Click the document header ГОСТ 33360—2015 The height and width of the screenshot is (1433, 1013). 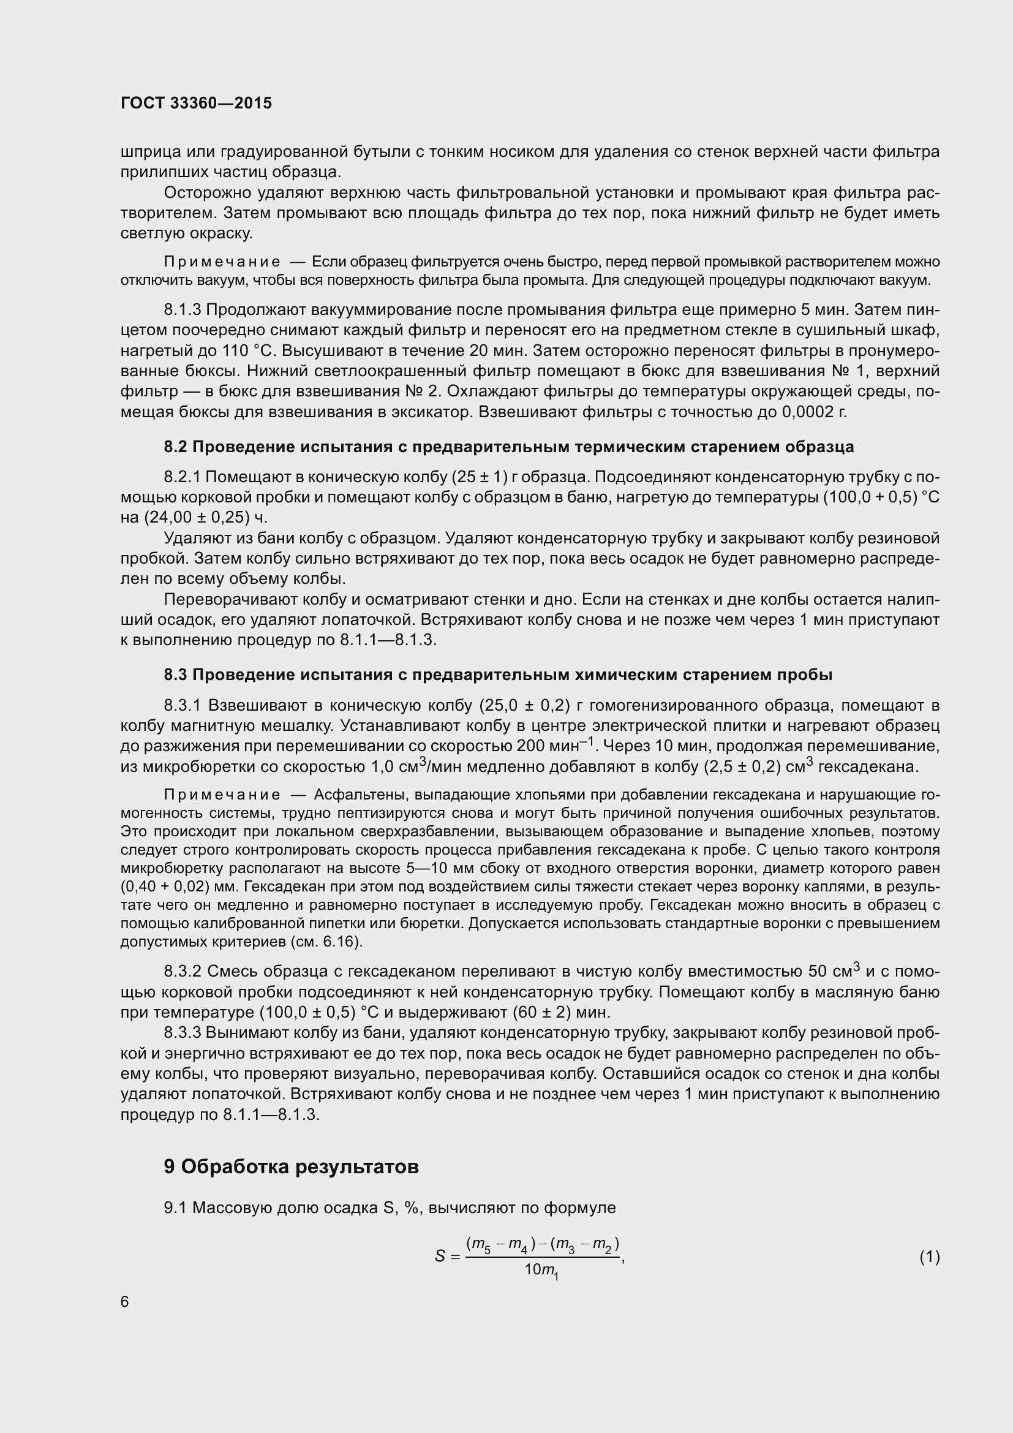tap(196, 103)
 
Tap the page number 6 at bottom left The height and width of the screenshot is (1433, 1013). tap(125, 1301)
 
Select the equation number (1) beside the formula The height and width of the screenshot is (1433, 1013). tap(929, 1257)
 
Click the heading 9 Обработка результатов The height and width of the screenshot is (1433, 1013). tap(292, 1166)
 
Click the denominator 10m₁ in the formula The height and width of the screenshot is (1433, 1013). tap(541, 1269)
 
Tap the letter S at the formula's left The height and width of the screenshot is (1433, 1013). tap(440, 1257)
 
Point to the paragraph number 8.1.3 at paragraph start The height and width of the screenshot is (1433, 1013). tap(182, 309)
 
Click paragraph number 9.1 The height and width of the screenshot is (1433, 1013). tap(175, 1208)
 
